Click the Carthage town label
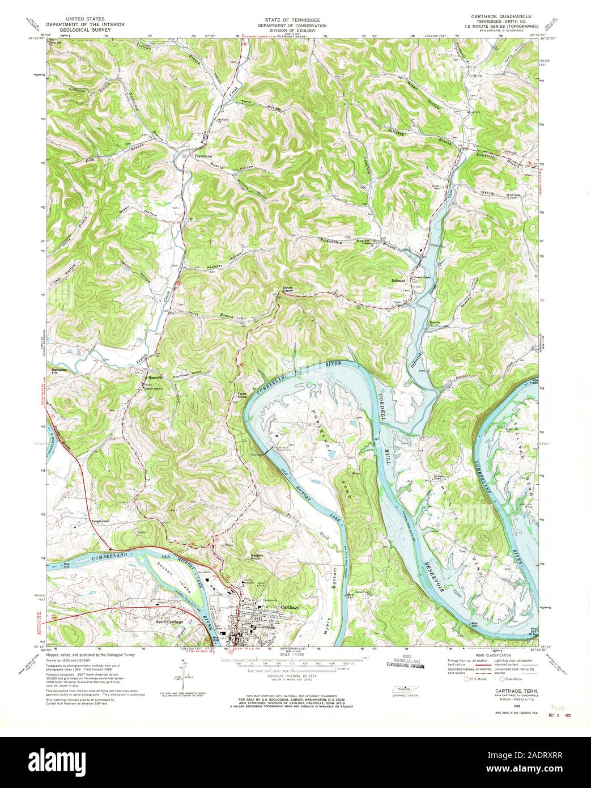tap(290, 607)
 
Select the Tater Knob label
tap(241, 395)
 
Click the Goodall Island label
tap(166, 576)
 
